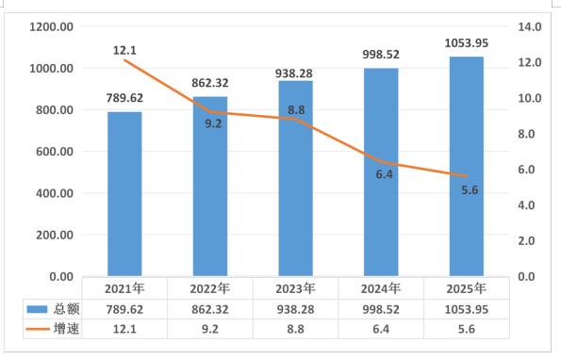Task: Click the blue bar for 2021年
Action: point(124,194)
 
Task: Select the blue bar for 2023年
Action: point(295,178)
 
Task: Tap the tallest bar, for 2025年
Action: point(467,166)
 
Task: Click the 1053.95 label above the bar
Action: point(467,43)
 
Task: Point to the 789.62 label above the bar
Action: point(124,98)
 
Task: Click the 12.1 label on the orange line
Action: point(124,50)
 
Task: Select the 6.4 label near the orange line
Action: point(385,174)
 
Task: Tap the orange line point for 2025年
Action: point(467,176)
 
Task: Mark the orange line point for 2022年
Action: point(210,112)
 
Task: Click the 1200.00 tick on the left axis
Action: point(52,26)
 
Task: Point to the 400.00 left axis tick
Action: point(55,193)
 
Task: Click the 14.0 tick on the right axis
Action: point(530,26)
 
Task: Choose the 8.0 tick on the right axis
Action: point(526,134)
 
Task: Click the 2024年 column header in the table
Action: point(381,289)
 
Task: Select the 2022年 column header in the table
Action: point(210,289)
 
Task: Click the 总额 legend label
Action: point(67,309)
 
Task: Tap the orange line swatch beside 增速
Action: point(38,329)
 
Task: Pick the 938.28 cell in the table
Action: point(295,310)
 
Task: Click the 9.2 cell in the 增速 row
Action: point(210,329)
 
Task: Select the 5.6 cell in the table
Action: point(467,329)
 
